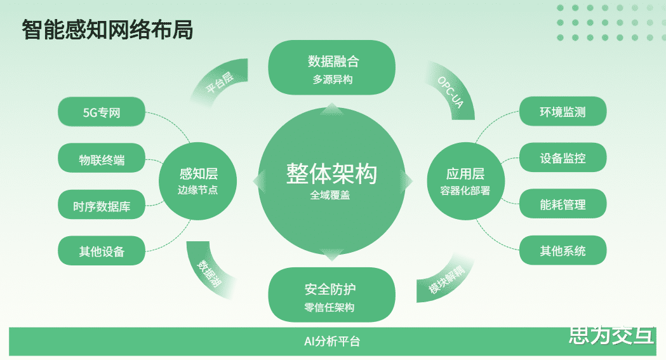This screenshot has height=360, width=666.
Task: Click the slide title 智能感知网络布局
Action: pyautogui.click(x=107, y=30)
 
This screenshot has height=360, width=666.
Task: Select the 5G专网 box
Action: pyautogui.click(x=102, y=112)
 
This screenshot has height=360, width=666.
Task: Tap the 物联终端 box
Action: pyautogui.click(x=102, y=159)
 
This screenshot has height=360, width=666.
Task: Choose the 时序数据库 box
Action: pyautogui.click(x=102, y=206)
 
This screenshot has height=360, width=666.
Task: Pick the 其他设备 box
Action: pyautogui.click(x=102, y=251)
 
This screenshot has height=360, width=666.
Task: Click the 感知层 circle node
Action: pyautogui.click(x=198, y=181)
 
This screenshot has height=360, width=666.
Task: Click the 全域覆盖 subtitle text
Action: pyautogui.click(x=330, y=196)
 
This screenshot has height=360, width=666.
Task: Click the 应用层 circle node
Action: pyautogui.click(x=465, y=181)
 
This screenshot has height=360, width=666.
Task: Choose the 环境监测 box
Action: pyautogui.click(x=563, y=112)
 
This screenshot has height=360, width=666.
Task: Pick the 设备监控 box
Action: pyautogui.click(x=563, y=159)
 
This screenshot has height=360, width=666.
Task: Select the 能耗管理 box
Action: pyautogui.click(x=563, y=205)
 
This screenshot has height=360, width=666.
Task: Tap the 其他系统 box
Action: pyautogui.click(x=563, y=251)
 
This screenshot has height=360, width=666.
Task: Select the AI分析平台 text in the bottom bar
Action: pyautogui.click(x=332, y=342)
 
